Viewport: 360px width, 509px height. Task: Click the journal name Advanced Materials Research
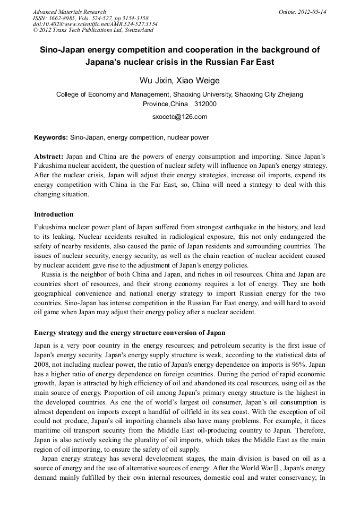point(69,12)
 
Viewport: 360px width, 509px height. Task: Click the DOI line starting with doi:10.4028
point(95,24)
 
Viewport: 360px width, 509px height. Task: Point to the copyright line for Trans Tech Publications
point(93,30)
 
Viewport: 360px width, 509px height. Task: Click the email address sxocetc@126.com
point(179,117)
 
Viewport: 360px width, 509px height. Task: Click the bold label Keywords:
point(51,137)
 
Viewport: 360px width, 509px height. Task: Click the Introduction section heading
point(54,214)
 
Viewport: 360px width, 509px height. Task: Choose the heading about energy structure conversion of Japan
point(130,333)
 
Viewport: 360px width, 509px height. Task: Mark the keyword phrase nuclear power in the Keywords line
point(187,137)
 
